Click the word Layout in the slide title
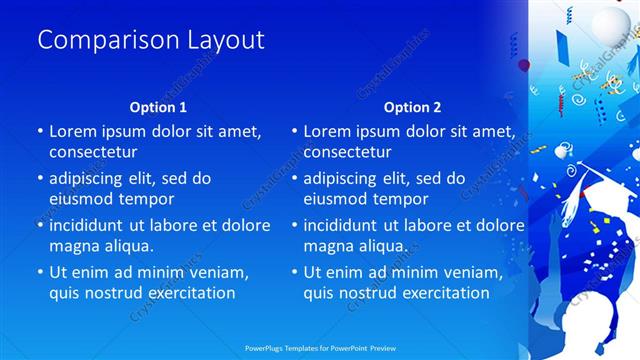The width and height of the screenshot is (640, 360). pos(226,40)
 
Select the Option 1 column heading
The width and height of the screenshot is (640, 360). pos(159,106)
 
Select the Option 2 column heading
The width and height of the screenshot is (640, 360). pos(413,106)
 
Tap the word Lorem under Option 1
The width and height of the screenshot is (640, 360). pos(73,131)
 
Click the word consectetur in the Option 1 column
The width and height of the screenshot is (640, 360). pos(93,153)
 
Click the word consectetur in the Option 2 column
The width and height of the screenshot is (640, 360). pos(348,153)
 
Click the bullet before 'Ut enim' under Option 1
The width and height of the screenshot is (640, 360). pos(40,272)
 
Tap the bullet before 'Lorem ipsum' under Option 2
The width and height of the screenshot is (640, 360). pos(295,132)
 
